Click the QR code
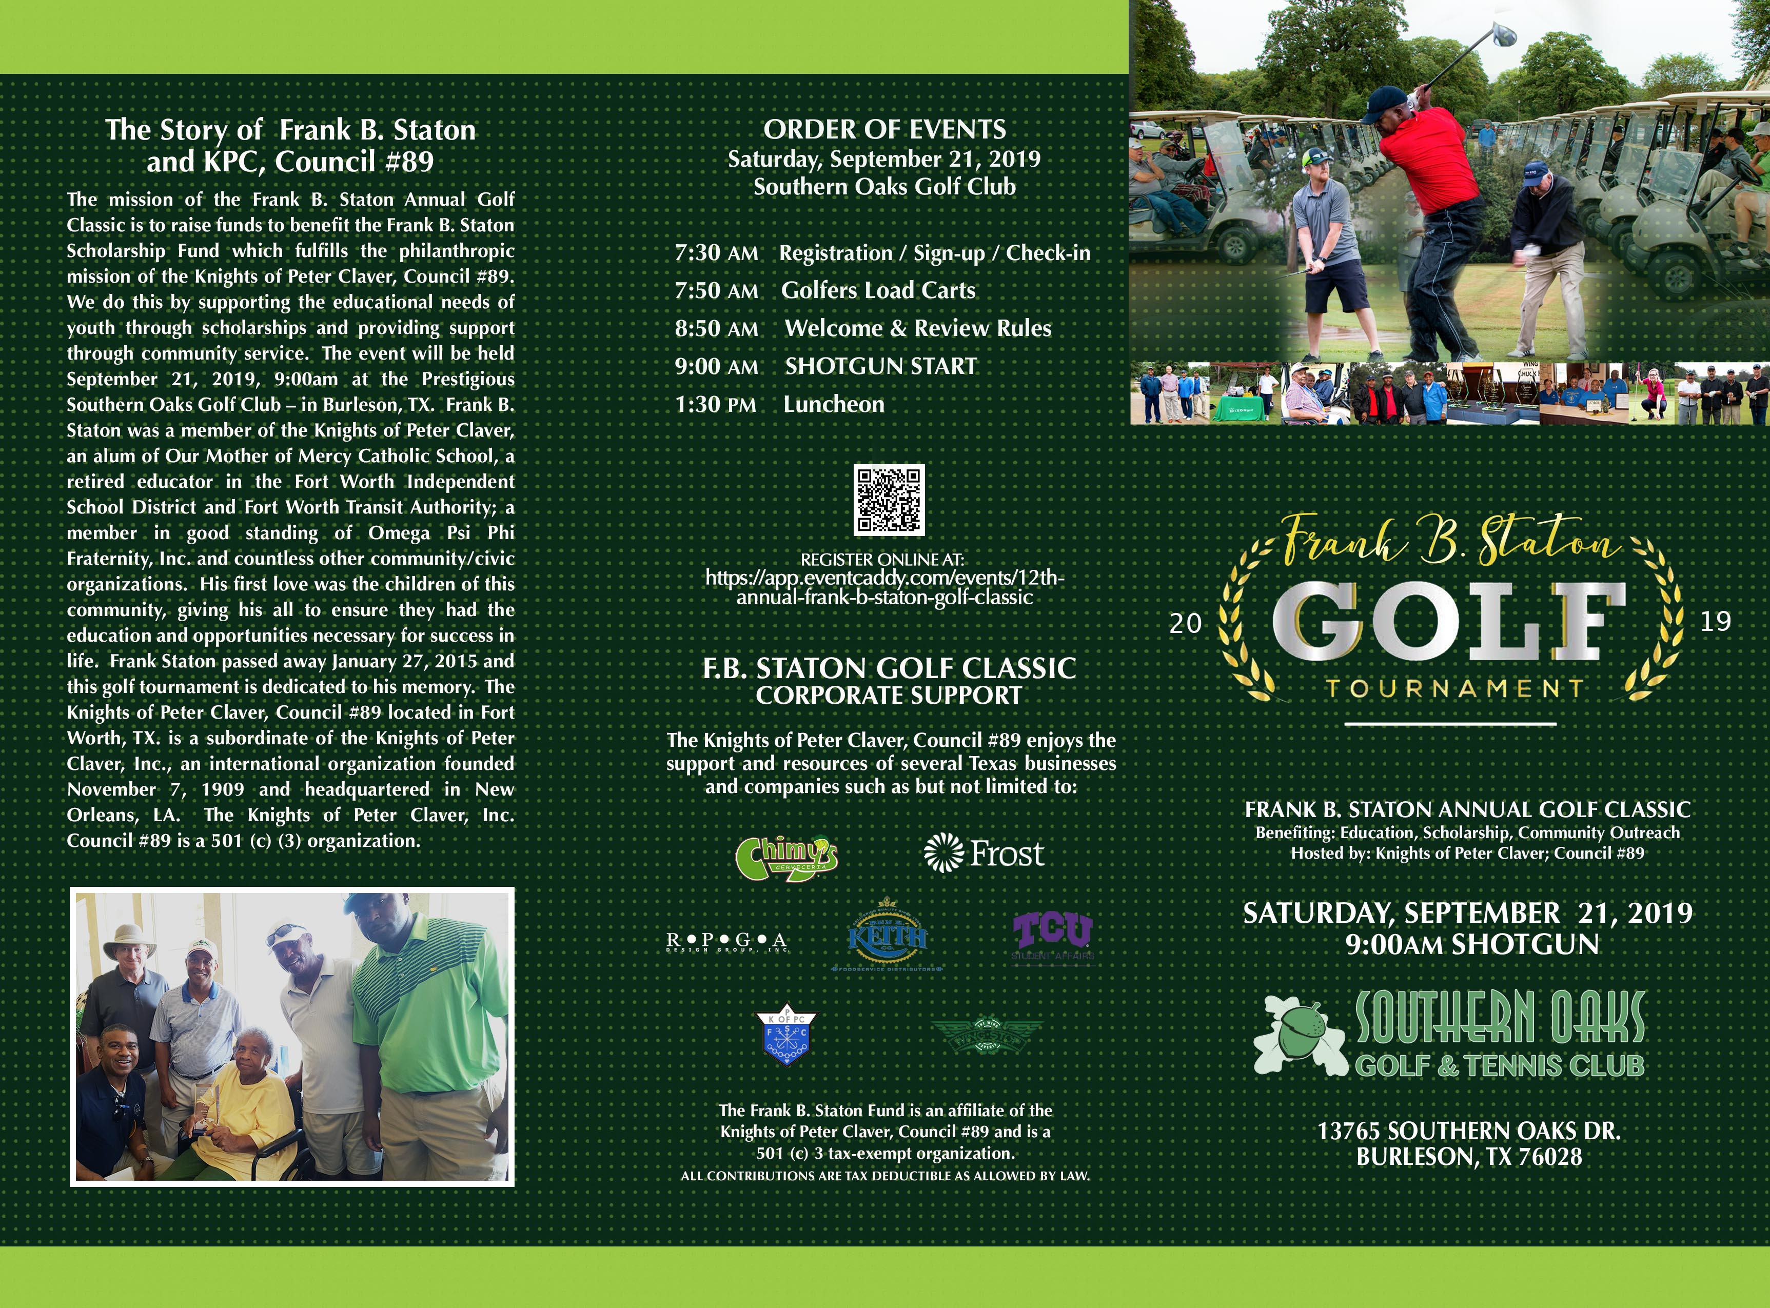tap(889, 501)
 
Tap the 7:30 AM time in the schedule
tap(716, 253)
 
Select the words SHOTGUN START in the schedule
tap(881, 367)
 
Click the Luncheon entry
tap(833, 405)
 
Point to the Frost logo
tap(984, 854)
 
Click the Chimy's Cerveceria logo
tap(786, 858)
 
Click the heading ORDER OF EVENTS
tap(884, 130)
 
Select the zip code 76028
tap(1550, 1158)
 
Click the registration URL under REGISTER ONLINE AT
tap(884, 587)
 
